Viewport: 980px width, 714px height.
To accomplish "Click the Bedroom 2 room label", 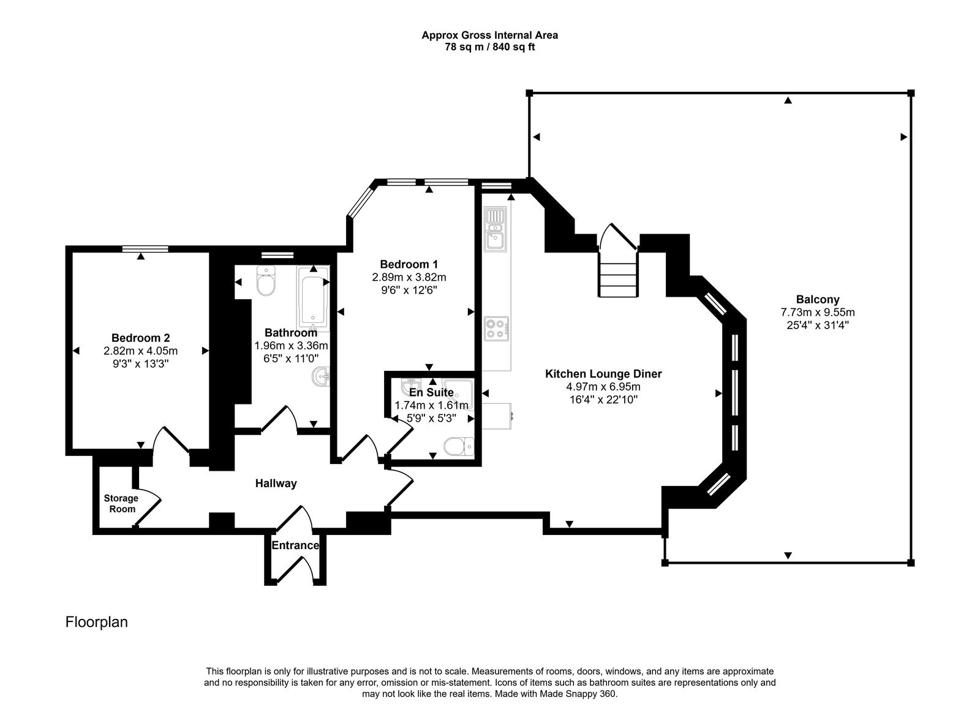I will tap(140, 338).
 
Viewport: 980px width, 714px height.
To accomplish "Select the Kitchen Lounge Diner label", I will tap(603, 374).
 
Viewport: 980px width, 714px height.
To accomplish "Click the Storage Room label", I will tap(121, 503).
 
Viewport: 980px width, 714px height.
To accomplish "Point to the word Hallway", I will tap(276, 484).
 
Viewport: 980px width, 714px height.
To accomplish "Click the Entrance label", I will tap(295, 545).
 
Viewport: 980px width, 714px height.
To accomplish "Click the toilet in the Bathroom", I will tap(266, 281).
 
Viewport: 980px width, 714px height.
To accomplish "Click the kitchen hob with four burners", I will tap(496, 329).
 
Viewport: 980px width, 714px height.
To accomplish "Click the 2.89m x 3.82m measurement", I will tap(409, 277).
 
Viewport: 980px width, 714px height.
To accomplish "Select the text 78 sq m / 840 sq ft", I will tap(489, 47).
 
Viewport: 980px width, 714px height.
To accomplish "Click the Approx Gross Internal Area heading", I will tap(489, 35).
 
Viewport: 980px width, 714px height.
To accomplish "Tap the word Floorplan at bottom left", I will tap(97, 622).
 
